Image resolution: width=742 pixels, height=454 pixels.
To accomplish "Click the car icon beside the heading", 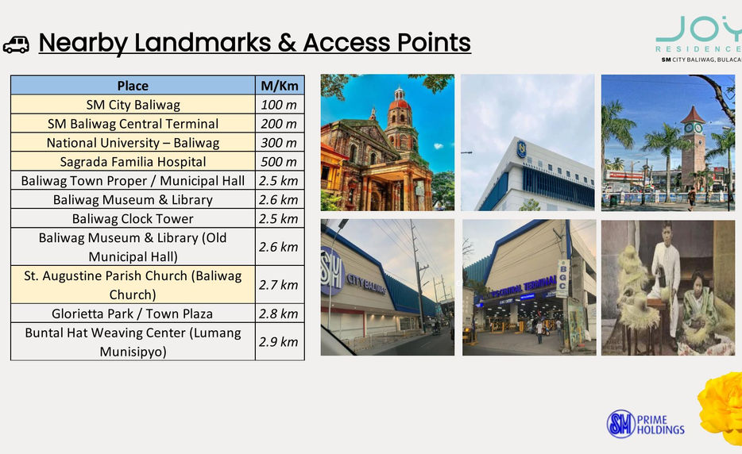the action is coord(16,44).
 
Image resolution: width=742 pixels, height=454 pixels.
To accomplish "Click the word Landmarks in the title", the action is coord(203,43).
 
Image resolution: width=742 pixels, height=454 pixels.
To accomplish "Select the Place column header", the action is coord(133,86).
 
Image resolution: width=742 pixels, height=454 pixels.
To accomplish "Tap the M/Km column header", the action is coord(280,86).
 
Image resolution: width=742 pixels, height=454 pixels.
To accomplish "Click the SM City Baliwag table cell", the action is coord(133,105).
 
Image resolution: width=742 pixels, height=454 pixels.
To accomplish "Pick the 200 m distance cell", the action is coord(280,124).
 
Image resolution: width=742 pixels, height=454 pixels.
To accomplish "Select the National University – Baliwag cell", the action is coord(133,142).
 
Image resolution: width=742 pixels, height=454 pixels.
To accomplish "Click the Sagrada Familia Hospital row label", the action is coord(133,162).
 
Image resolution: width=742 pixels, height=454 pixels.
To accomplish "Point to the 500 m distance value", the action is coord(279,162).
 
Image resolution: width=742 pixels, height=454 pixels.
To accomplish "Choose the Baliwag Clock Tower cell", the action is coord(133,218).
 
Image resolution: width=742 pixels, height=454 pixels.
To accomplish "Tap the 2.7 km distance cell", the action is coord(280,285).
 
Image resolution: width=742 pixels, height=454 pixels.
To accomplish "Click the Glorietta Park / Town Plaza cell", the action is coord(133,314).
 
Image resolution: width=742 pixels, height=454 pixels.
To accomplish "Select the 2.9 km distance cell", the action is coord(280,342).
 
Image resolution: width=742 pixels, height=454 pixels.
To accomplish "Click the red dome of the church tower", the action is coord(400,103).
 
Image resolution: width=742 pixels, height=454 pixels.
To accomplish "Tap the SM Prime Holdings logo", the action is coord(646,424).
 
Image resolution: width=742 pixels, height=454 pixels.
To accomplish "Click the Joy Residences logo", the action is coord(699,39).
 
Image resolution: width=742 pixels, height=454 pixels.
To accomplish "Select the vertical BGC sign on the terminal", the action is coord(562,278).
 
